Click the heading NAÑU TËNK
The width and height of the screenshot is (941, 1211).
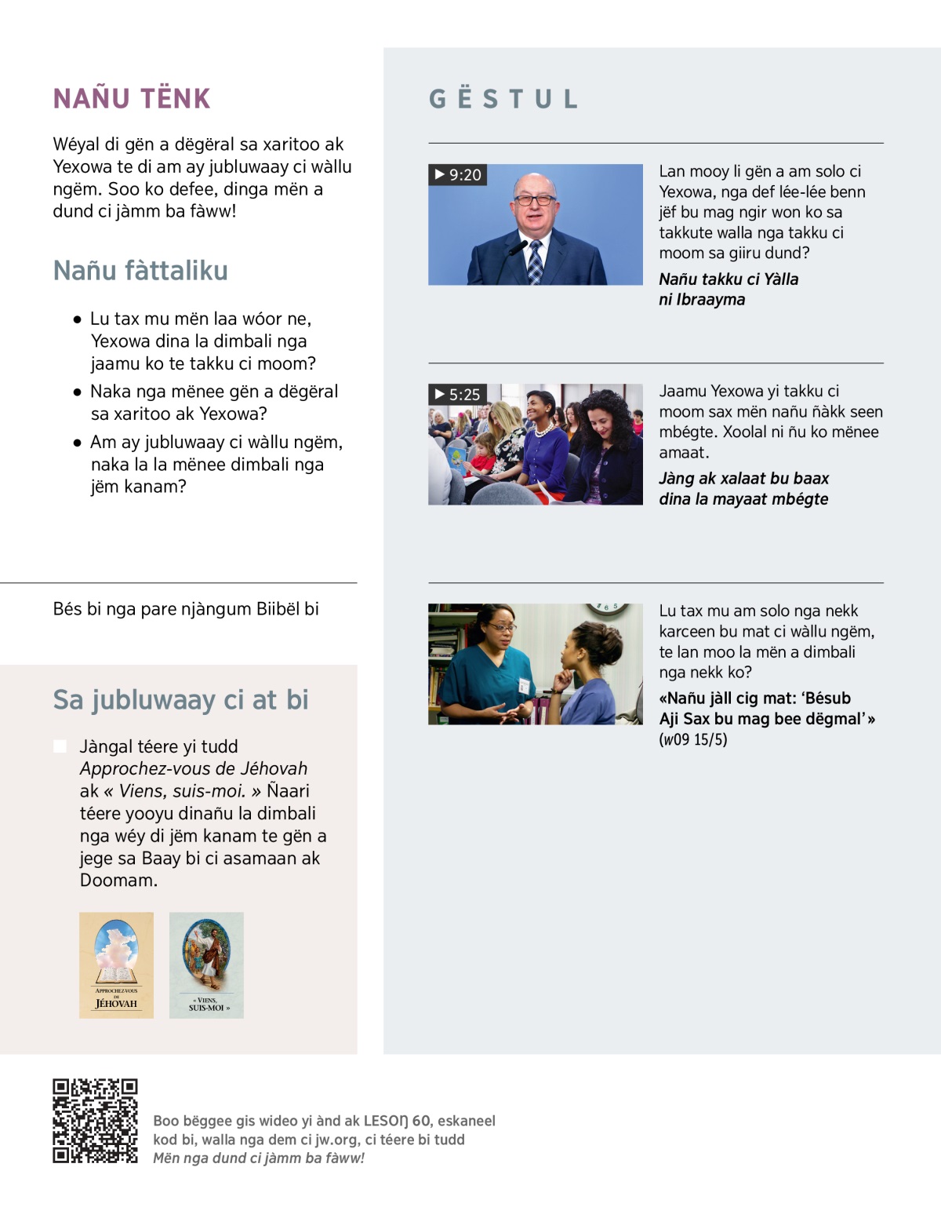pyautogui.click(x=132, y=99)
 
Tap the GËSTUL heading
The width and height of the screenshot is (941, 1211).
pyautogui.click(x=503, y=100)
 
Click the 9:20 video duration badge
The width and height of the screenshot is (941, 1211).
pyautogui.click(x=458, y=174)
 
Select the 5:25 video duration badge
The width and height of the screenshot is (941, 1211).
pyautogui.click(x=458, y=394)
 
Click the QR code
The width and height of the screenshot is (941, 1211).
pyautogui.click(x=95, y=1121)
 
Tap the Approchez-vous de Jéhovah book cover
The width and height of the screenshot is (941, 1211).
pyautogui.click(x=116, y=965)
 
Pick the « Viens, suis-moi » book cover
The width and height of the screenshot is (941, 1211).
pyautogui.click(x=206, y=965)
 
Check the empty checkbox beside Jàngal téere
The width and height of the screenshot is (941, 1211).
pyautogui.click(x=60, y=746)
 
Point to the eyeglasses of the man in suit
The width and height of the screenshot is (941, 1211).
pyautogui.click(x=534, y=200)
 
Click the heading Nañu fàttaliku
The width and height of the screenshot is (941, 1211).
pyautogui.click(x=140, y=271)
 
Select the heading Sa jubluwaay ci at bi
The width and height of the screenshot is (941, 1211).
pyautogui.click(x=180, y=699)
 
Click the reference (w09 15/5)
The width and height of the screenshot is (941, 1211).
pyautogui.click(x=693, y=739)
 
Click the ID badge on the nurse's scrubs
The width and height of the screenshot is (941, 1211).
pyautogui.click(x=523, y=684)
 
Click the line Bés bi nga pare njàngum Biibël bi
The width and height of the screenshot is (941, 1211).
pyautogui.click(x=186, y=609)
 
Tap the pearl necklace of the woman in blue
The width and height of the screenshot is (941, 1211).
pyautogui.click(x=543, y=430)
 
